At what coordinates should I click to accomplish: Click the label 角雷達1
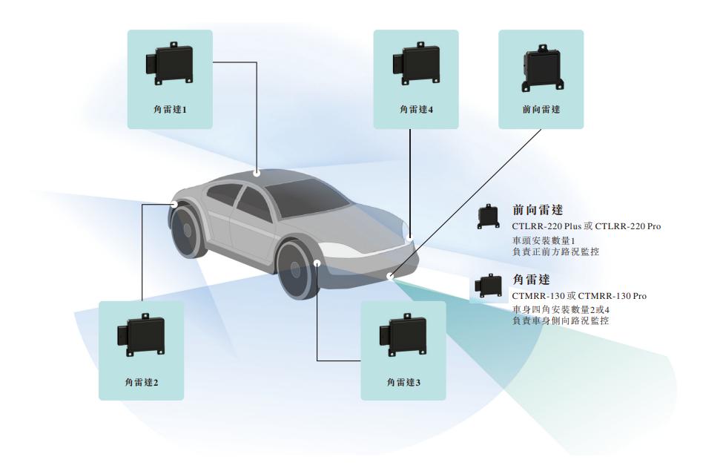coord(169,109)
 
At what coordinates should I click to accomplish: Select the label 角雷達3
coord(403,382)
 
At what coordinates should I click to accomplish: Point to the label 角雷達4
coord(415,109)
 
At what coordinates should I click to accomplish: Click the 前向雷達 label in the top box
coord(541,109)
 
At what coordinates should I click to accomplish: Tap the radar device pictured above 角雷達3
coord(403,335)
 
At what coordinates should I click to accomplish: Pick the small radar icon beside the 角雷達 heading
coord(486,286)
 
